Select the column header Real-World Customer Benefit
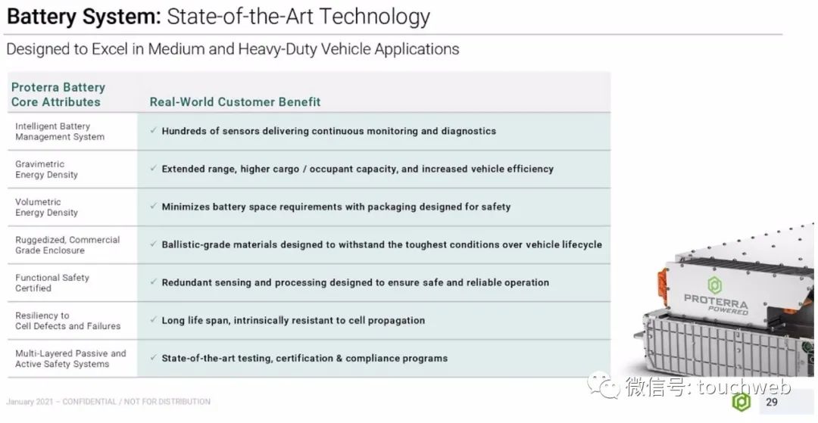click(x=235, y=101)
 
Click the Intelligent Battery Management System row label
click(x=60, y=131)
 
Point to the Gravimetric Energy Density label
click(x=46, y=170)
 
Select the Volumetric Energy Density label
click(x=46, y=207)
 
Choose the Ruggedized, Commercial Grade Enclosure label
click(x=67, y=245)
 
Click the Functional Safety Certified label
click(x=52, y=283)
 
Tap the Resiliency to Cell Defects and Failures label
click(x=68, y=321)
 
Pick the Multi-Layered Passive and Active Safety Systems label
click(x=70, y=359)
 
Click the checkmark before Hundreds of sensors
click(x=153, y=131)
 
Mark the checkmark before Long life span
click(x=153, y=320)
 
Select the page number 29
click(x=772, y=402)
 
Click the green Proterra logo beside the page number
click(x=742, y=402)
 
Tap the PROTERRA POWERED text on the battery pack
click(x=717, y=303)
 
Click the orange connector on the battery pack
click(x=663, y=286)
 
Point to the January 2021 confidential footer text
click(x=108, y=402)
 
